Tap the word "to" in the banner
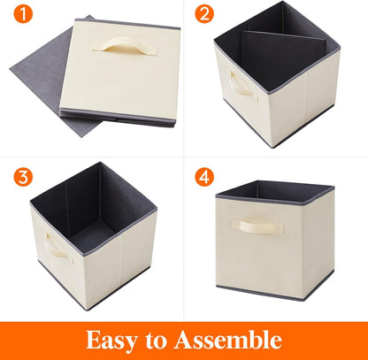coord(166,341)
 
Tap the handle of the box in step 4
coord(258,227)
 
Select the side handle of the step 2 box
coord(240,87)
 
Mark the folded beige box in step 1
coord(115,71)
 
